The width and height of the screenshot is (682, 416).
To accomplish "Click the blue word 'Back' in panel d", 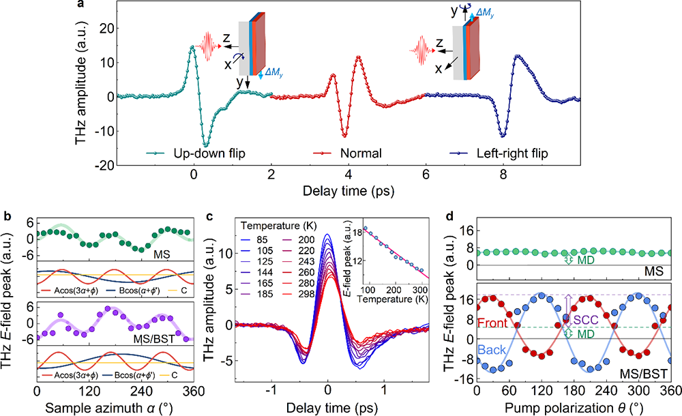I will (499, 350).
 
